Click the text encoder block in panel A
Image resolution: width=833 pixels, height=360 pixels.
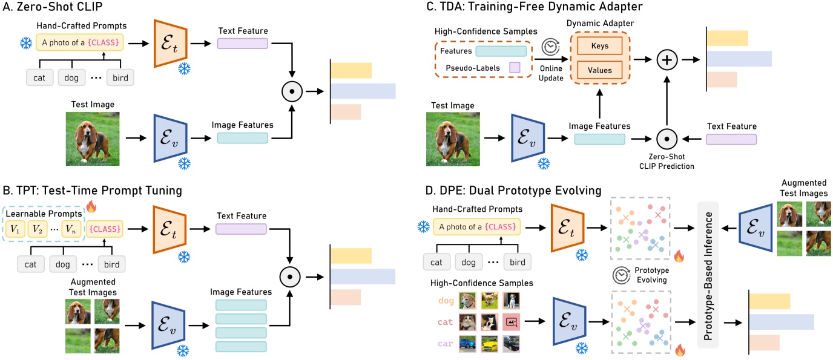click(171, 43)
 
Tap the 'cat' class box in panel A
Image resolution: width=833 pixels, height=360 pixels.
click(40, 77)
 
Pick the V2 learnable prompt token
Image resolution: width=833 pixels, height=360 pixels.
click(38, 230)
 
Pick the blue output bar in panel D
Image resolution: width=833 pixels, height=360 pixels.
click(782, 321)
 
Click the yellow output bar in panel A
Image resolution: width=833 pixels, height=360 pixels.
click(351, 70)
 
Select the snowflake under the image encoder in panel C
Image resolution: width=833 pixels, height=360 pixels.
click(544, 163)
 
